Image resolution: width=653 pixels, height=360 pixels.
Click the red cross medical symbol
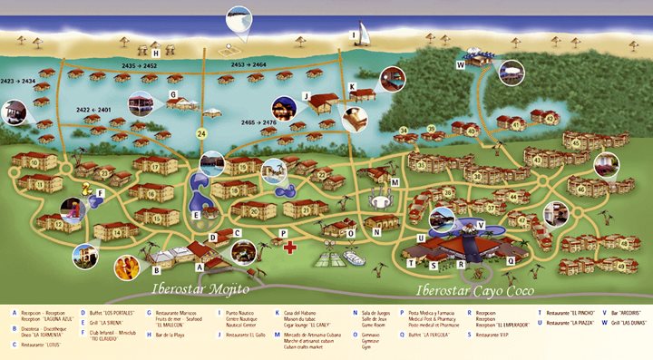[x=289, y=246]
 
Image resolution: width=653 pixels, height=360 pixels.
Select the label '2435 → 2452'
[x=139, y=66]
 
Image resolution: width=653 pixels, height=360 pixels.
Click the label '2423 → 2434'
[x=18, y=81]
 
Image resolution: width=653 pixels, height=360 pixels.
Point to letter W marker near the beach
[x=461, y=64]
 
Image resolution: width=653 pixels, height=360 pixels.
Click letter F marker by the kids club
[x=101, y=192]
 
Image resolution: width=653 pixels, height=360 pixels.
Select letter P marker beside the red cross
[x=284, y=232]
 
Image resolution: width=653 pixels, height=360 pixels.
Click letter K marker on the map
[x=353, y=87]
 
